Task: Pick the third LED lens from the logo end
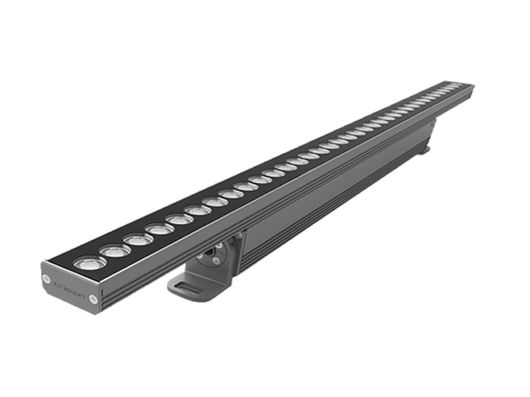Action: [137, 239]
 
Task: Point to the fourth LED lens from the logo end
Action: [158, 229]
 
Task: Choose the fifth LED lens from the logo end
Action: [178, 220]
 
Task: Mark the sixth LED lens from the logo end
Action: [196, 211]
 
